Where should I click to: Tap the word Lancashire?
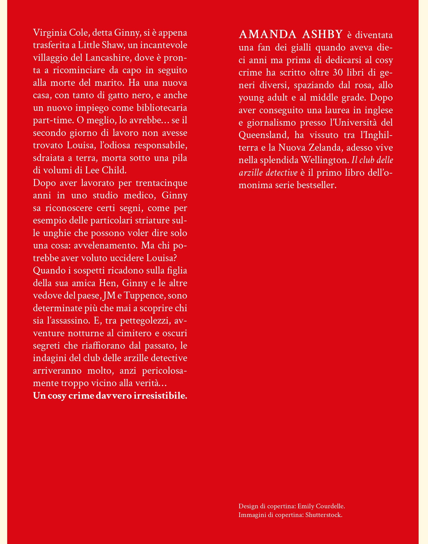(106, 58)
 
